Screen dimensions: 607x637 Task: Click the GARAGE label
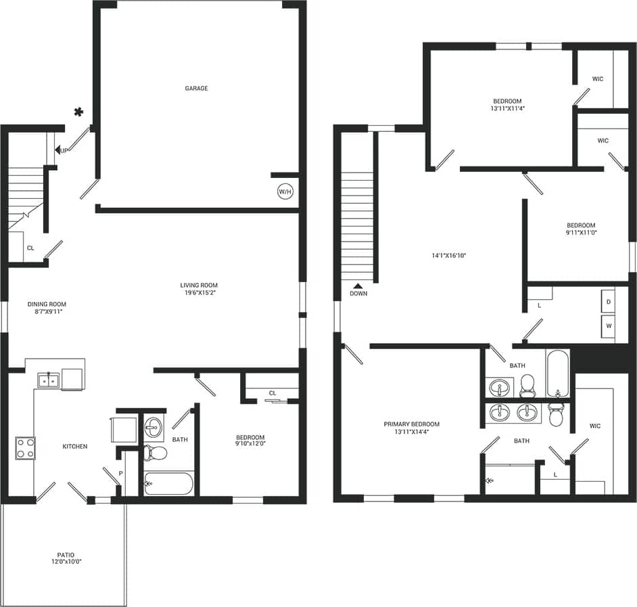196,88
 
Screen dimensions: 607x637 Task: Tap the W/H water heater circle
285,192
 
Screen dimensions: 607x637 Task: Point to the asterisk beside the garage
79,112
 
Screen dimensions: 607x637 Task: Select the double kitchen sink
48,380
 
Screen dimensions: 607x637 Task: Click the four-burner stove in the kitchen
26,447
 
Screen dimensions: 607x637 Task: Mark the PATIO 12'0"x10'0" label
65,558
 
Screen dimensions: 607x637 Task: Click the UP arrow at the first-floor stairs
61,150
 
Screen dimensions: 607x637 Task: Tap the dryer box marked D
609,301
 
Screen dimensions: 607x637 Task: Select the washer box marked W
609,325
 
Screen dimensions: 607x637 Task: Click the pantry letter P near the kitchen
120,473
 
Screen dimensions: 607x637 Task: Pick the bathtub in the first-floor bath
168,484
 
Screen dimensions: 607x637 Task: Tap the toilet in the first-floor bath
156,453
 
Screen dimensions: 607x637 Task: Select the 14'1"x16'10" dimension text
450,255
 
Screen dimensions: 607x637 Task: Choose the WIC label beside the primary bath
594,426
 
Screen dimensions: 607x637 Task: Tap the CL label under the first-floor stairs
30,248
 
